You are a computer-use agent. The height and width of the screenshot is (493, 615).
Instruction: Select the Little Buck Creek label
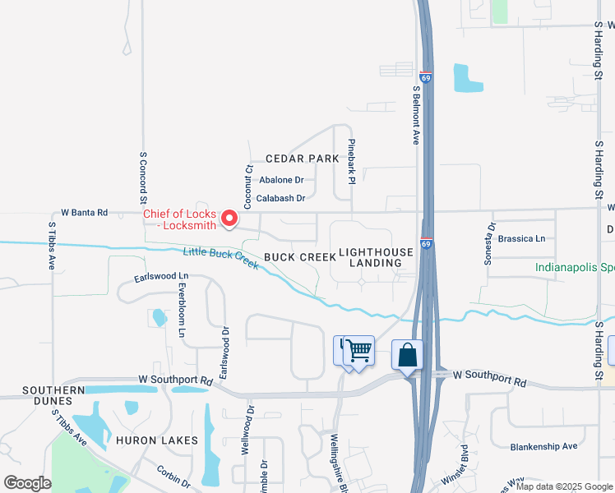(x=220, y=257)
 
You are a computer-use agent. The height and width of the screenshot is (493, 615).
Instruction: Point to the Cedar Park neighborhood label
(x=302, y=159)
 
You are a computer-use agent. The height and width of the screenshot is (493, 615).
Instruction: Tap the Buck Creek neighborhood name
(x=300, y=257)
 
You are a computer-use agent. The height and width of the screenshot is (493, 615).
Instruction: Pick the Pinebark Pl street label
(x=351, y=160)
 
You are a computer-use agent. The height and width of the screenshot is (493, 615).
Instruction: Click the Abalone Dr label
(x=281, y=180)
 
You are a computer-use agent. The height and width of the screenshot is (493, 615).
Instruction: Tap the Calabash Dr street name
(x=280, y=198)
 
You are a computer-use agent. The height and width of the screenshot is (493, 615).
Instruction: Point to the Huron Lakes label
(x=156, y=440)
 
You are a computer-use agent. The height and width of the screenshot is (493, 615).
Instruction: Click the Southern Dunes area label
(x=53, y=395)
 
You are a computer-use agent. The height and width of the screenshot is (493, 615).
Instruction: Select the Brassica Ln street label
(x=523, y=239)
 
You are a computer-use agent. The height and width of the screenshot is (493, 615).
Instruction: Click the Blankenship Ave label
(x=543, y=446)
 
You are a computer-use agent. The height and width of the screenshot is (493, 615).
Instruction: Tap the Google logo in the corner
(x=27, y=483)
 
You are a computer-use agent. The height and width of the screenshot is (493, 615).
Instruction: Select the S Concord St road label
(x=142, y=177)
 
